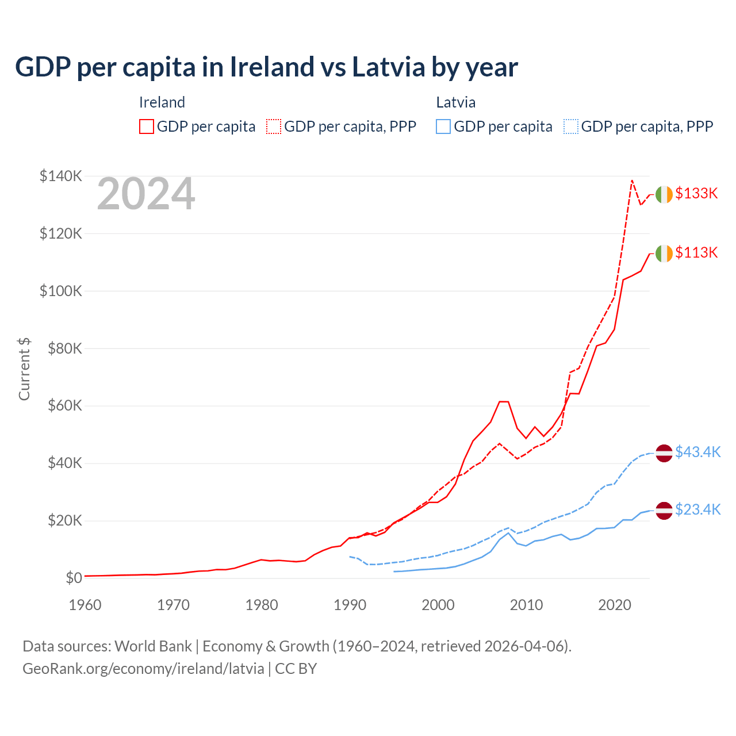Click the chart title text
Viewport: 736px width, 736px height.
click(x=266, y=67)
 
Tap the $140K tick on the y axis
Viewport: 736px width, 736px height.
click(x=60, y=176)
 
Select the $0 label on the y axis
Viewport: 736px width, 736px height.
click(x=73, y=578)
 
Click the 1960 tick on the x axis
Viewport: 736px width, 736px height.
click(x=85, y=605)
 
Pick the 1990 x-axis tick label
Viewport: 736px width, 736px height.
click(x=350, y=605)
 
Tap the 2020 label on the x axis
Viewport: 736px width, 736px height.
click(x=615, y=605)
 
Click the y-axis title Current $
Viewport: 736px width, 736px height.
click(x=24, y=369)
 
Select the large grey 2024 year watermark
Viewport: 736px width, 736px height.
click(x=146, y=194)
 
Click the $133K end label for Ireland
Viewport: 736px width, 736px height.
click(x=696, y=194)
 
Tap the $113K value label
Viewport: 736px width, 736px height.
click(x=696, y=252)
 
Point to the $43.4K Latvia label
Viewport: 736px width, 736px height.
click(x=697, y=452)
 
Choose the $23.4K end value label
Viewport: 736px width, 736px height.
click(x=697, y=509)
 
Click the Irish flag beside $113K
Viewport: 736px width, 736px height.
click(x=664, y=253)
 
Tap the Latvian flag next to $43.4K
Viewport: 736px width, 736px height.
click(x=664, y=453)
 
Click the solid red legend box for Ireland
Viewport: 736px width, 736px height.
click(x=147, y=126)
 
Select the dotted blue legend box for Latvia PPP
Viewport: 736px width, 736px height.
click(x=571, y=126)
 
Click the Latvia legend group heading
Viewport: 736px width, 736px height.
click(x=455, y=102)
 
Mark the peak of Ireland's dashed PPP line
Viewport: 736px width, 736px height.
click(x=632, y=181)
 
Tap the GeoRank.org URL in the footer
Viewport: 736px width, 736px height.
click(x=143, y=669)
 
